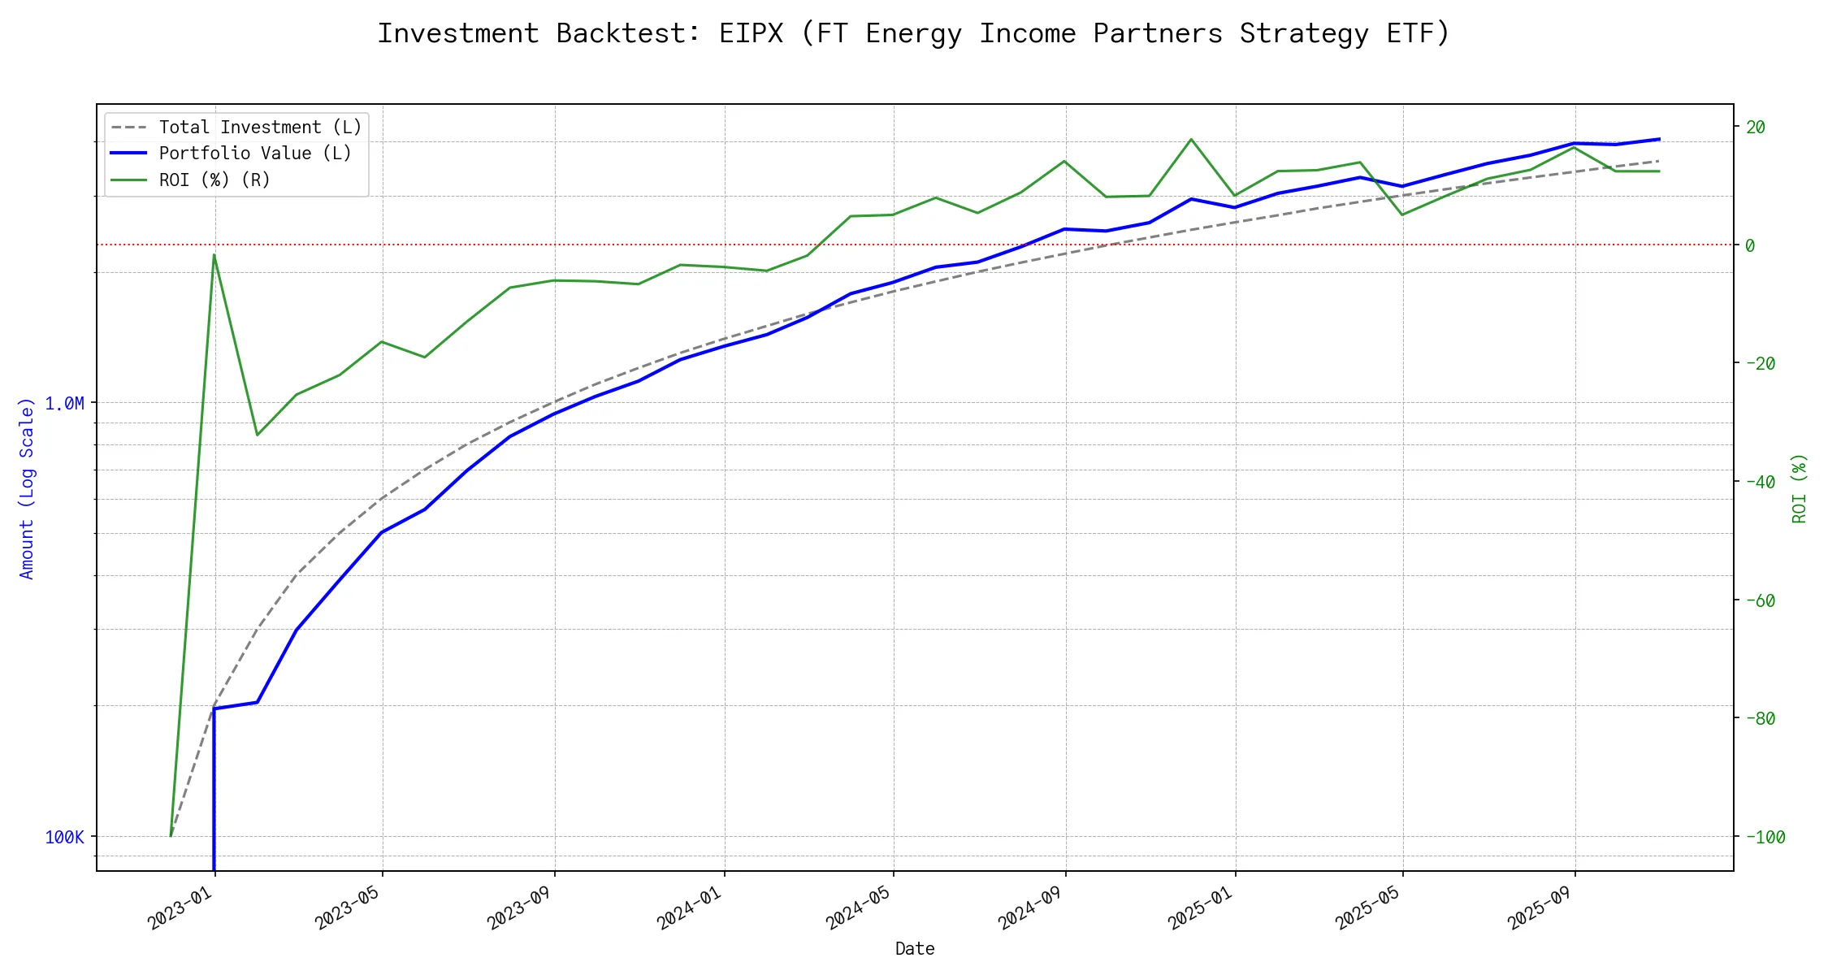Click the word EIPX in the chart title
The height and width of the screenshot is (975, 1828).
(751, 33)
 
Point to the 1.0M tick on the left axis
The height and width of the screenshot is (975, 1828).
(64, 403)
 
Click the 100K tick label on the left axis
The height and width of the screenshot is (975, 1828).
(64, 837)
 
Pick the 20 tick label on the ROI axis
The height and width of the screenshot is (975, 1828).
(1756, 127)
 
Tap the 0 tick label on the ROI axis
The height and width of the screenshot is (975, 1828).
(1750, 245)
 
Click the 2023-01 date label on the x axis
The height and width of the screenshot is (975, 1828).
(180, 908)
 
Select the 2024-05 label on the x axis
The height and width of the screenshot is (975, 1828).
(859, 908)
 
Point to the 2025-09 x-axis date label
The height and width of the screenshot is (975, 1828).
(1540, 908)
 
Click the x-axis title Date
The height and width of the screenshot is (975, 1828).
(915, 948)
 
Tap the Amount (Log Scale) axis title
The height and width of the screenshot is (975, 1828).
(27, 487)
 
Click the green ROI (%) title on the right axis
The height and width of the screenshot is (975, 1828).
(1800, 487)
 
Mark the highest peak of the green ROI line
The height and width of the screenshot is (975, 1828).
(1191, 139)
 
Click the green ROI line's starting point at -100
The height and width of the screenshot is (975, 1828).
(171, 836)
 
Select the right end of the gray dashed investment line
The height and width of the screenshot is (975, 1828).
(1658, 161)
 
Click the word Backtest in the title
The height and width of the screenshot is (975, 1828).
(628, 33)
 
